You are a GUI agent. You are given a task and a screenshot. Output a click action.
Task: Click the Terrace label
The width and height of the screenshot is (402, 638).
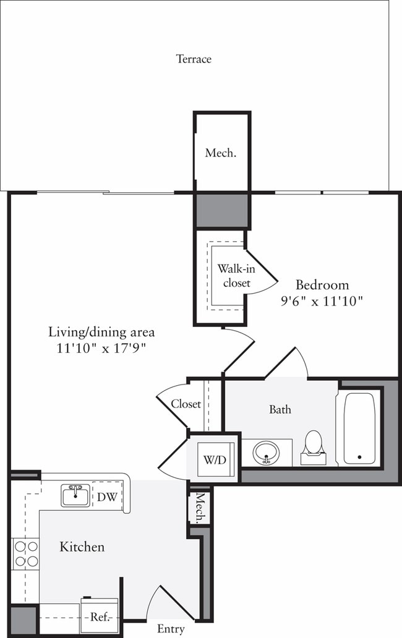pyautogui.click(x=194, y=59)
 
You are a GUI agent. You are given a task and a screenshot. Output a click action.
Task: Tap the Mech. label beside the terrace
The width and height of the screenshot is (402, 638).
pyautogui.click(x=220, y=153)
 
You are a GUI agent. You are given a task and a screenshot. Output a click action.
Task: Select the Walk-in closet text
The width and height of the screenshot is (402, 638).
pyautogui.click(x=233, y=276)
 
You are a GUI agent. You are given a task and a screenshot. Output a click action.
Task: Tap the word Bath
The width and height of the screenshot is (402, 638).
pyautogui.click(x=280, y=409)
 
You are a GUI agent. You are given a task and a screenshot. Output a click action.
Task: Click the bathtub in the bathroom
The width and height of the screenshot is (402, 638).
pyautogui.click(x=359, y=428)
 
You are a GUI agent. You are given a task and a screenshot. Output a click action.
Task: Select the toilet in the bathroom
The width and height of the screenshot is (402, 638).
pyautogui.click(x=314, y=447)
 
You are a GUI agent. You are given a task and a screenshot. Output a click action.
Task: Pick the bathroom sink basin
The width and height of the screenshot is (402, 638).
pyautogui.click(x=267, y=453)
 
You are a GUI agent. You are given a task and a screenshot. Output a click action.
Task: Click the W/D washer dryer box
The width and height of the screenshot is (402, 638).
pyautogui.click(x=212, y=460)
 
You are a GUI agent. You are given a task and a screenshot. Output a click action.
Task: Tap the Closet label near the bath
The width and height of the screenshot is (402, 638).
pyautogui.click(x=186, y=404)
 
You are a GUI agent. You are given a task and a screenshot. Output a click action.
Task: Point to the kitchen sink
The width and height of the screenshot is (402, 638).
pyautogui.click(x=75, y=495)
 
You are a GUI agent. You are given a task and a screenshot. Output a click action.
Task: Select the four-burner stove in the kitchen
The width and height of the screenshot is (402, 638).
pyautogui.click(x=25, y=553)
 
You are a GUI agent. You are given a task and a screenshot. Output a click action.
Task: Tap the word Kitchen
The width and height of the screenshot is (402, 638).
pyautogui.click(x=82, y=547)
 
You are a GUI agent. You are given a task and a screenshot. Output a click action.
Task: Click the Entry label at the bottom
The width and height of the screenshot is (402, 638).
pyautogui.click(x=171, y=629)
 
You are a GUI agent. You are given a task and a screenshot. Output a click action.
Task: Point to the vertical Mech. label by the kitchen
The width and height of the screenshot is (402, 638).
pyautogui.click(x=200, y=508)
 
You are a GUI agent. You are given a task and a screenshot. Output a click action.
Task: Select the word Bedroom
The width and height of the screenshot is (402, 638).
pyautogui.click(x=322, y=285)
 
